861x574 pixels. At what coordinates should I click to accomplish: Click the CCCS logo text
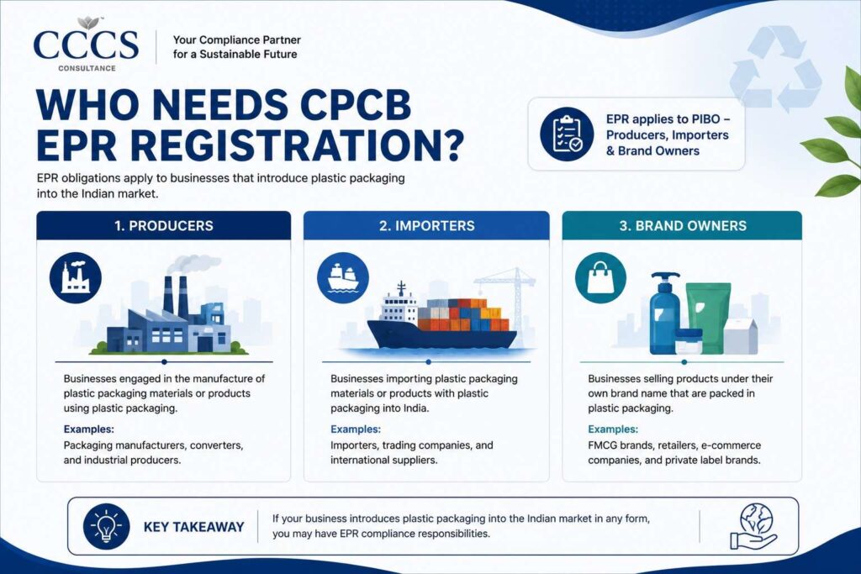[x=86, y=45]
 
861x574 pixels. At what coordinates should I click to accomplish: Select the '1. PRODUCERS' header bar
[x=164, y=225]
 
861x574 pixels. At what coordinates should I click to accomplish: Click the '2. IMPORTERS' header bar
[x=426, y=225]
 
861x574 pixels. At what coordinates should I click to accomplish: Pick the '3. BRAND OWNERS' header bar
[x=683, y=225]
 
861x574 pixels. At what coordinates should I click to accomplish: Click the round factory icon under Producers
[x=76, y=277]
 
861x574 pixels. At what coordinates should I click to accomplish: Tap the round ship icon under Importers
[x=343, y=277]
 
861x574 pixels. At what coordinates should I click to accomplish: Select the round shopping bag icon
[x=600, y=277]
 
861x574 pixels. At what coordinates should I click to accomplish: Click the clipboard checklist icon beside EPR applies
[x=567, y=134]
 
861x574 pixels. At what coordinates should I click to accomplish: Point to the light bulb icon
[x=106, y=527]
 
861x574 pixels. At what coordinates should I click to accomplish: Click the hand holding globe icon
[x=753, y=527]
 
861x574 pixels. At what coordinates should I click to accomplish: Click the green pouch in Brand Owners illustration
[x=707, y=317]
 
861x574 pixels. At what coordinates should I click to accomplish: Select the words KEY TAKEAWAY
[x=194, y=527]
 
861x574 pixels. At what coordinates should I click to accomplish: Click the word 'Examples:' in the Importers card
[x=356, y=429]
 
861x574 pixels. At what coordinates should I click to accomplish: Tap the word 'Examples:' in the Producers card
[x=88, y=429]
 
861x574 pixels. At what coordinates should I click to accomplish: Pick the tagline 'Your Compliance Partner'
[x=236, y=40]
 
